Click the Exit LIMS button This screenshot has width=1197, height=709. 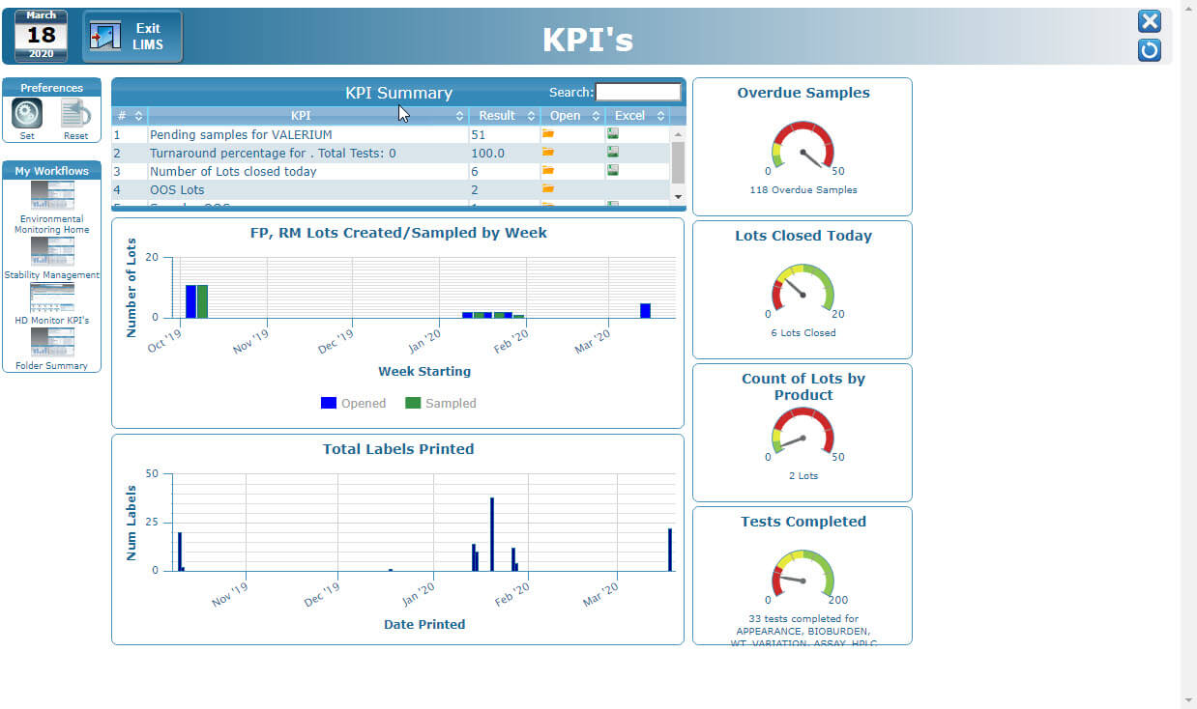[x=132, y=37]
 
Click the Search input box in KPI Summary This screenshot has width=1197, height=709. [x=638, y=93]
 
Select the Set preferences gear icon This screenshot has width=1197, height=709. [x=27, y=114]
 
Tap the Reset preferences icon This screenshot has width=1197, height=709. [x=75, y=114]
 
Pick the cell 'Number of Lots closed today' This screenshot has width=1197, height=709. [x=233, y=172]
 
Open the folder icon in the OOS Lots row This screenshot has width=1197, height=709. [x=548, y=189]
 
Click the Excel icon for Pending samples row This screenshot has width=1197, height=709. [x=613, y=134]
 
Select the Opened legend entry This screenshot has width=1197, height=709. [x=353, y=404]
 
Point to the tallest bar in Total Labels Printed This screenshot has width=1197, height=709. [x=492, y=533]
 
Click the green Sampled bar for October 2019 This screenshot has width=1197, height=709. [x=202, y=301]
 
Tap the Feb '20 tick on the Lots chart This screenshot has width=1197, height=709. [x=511, y=339]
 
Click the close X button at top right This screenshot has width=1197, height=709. [x=1149, y=22]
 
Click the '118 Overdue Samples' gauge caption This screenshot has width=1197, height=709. [x=803, y=190]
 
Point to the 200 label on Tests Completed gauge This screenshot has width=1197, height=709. [x=837, y=600]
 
